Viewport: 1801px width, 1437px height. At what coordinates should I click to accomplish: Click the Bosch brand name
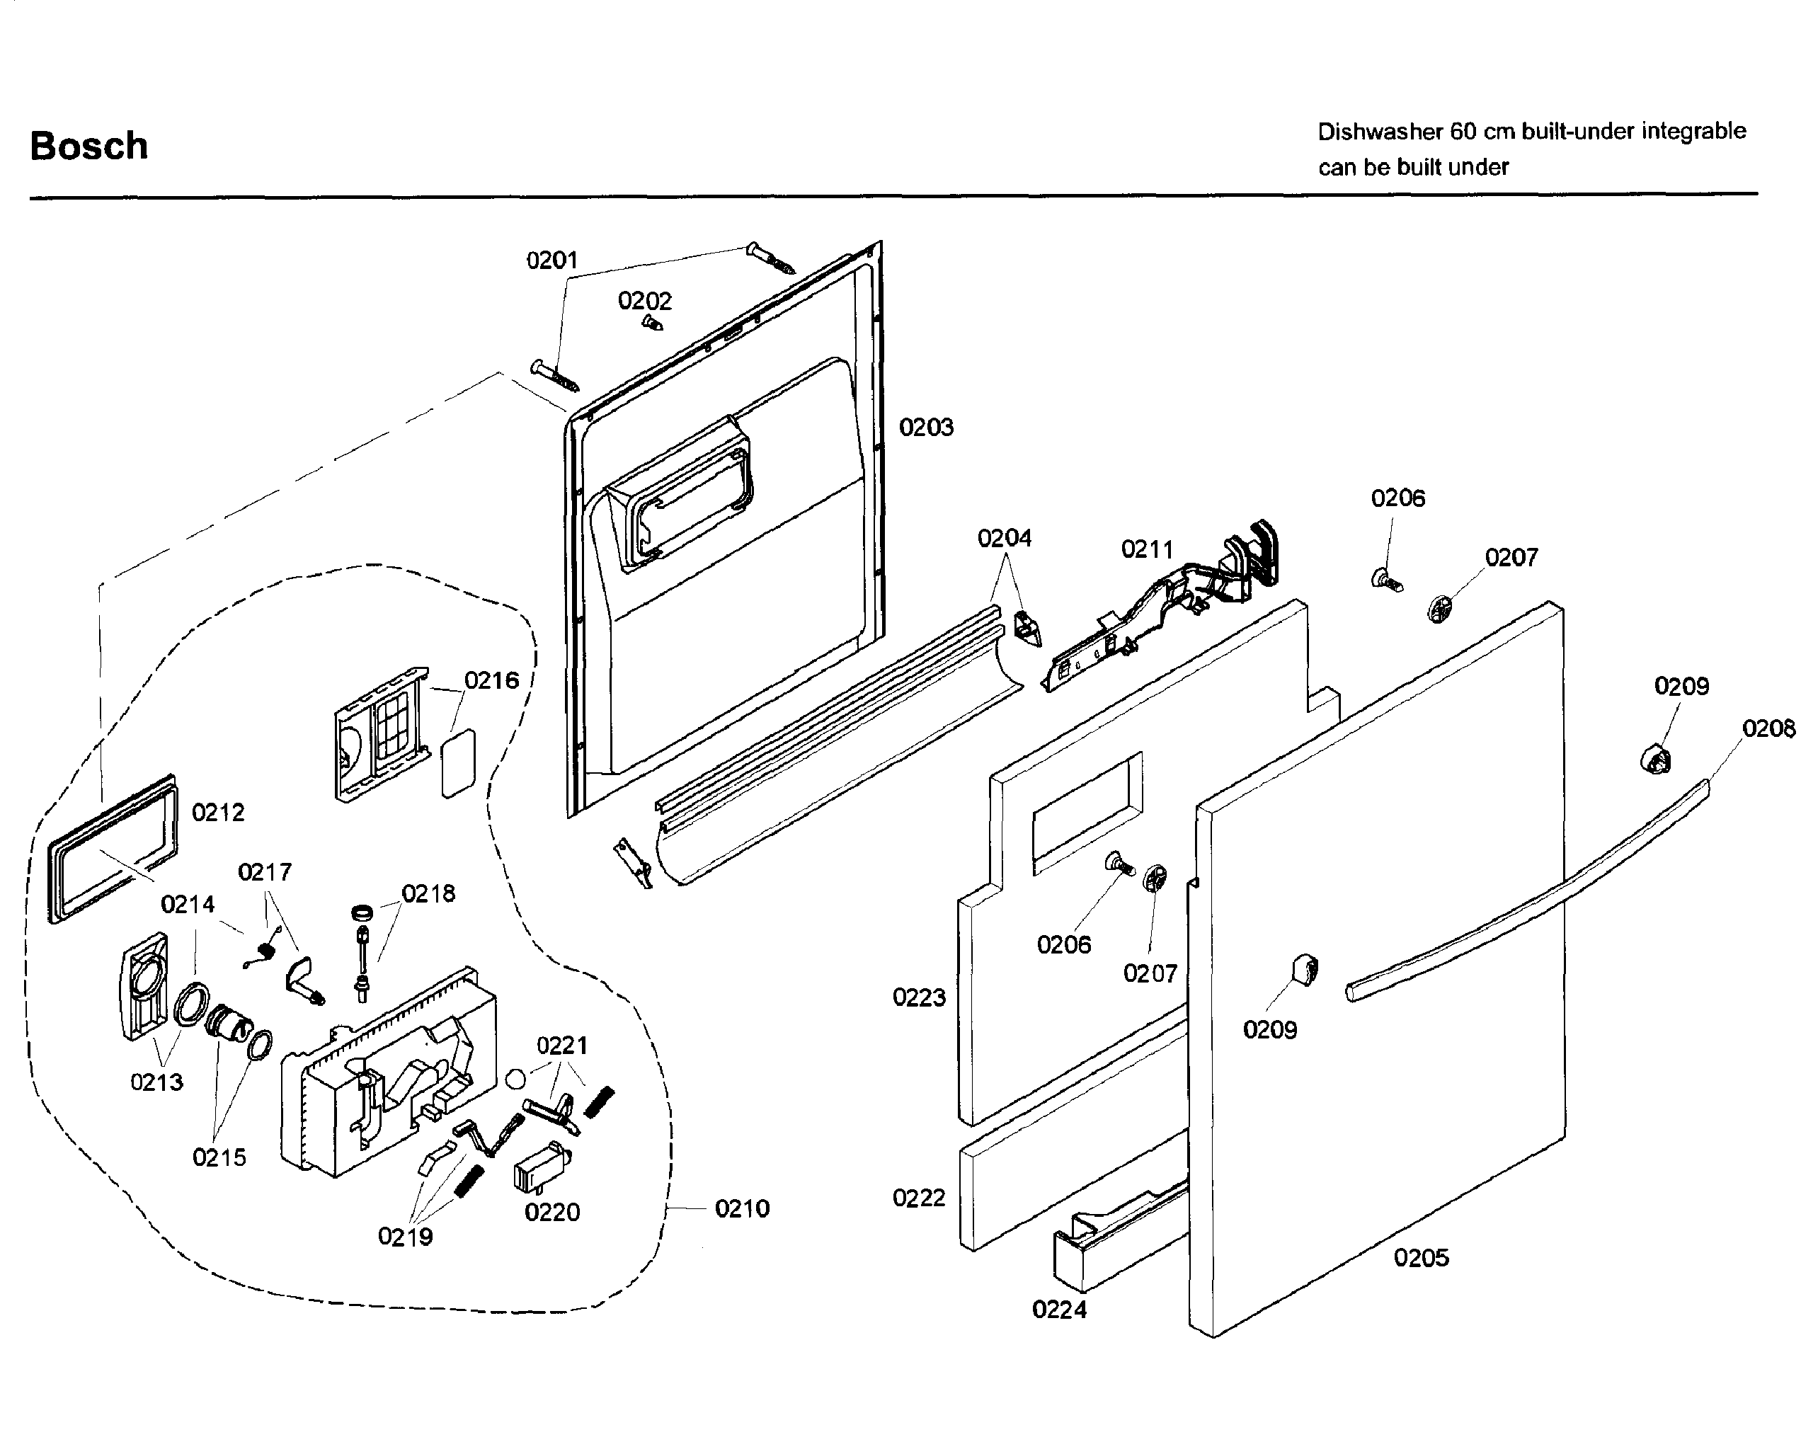[x=89, y=147]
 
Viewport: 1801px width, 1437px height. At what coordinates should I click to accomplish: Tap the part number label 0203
[x=925, y=428]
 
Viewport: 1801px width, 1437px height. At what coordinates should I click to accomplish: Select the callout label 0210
[x=742, y=1208]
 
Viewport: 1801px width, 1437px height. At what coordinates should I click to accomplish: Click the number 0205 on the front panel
[x=1421, y=1257]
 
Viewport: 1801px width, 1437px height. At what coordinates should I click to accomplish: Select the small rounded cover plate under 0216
[x=459, y=764]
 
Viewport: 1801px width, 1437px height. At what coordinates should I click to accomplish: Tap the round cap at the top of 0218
[x=362, y=912]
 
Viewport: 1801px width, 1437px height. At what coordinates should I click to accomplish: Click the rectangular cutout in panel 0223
[x=1086, y=815]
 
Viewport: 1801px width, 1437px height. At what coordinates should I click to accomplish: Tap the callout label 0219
[x=405, y=1237]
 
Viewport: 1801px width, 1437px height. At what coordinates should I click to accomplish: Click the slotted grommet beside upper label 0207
[x=1439, y=609]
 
